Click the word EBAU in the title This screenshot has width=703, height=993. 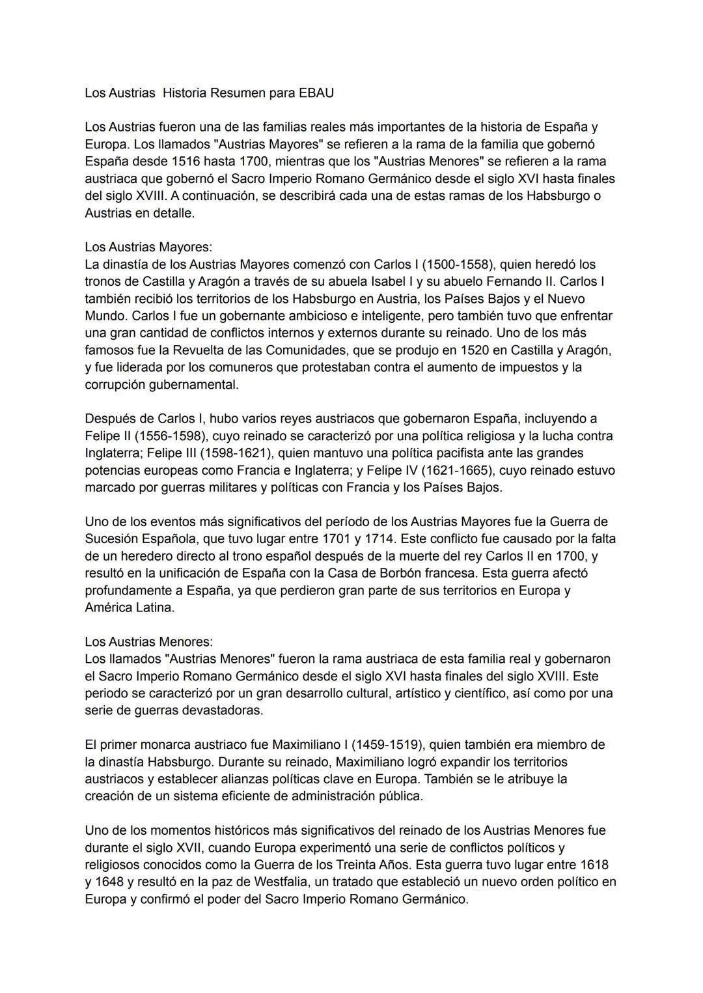316,92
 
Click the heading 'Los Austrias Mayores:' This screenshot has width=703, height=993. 148,247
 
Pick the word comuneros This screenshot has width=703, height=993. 236,367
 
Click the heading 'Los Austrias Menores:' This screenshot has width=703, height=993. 148,641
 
